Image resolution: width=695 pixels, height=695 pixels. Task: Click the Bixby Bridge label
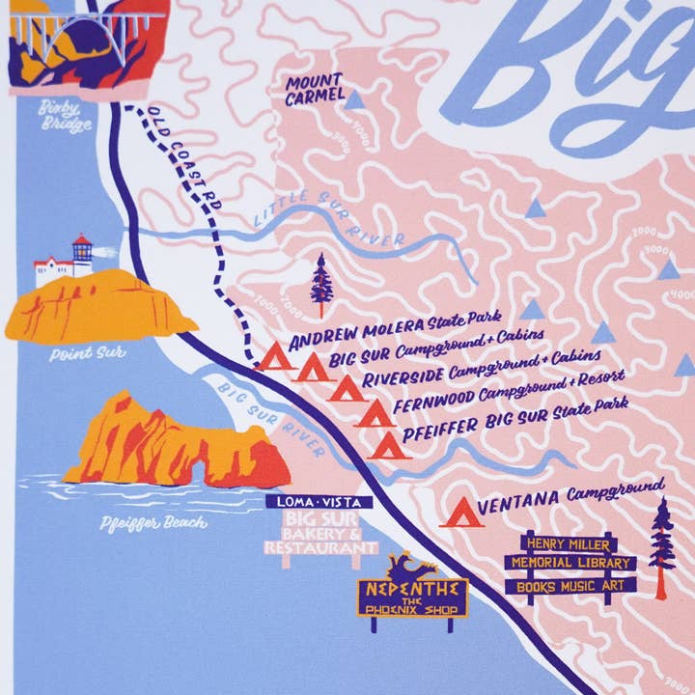pos(66,117)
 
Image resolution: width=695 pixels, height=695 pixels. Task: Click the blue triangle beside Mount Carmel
pos(355,98)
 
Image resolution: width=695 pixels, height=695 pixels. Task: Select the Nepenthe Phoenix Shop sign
pos(412,597)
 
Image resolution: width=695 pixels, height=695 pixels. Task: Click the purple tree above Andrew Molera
pos(320,281)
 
